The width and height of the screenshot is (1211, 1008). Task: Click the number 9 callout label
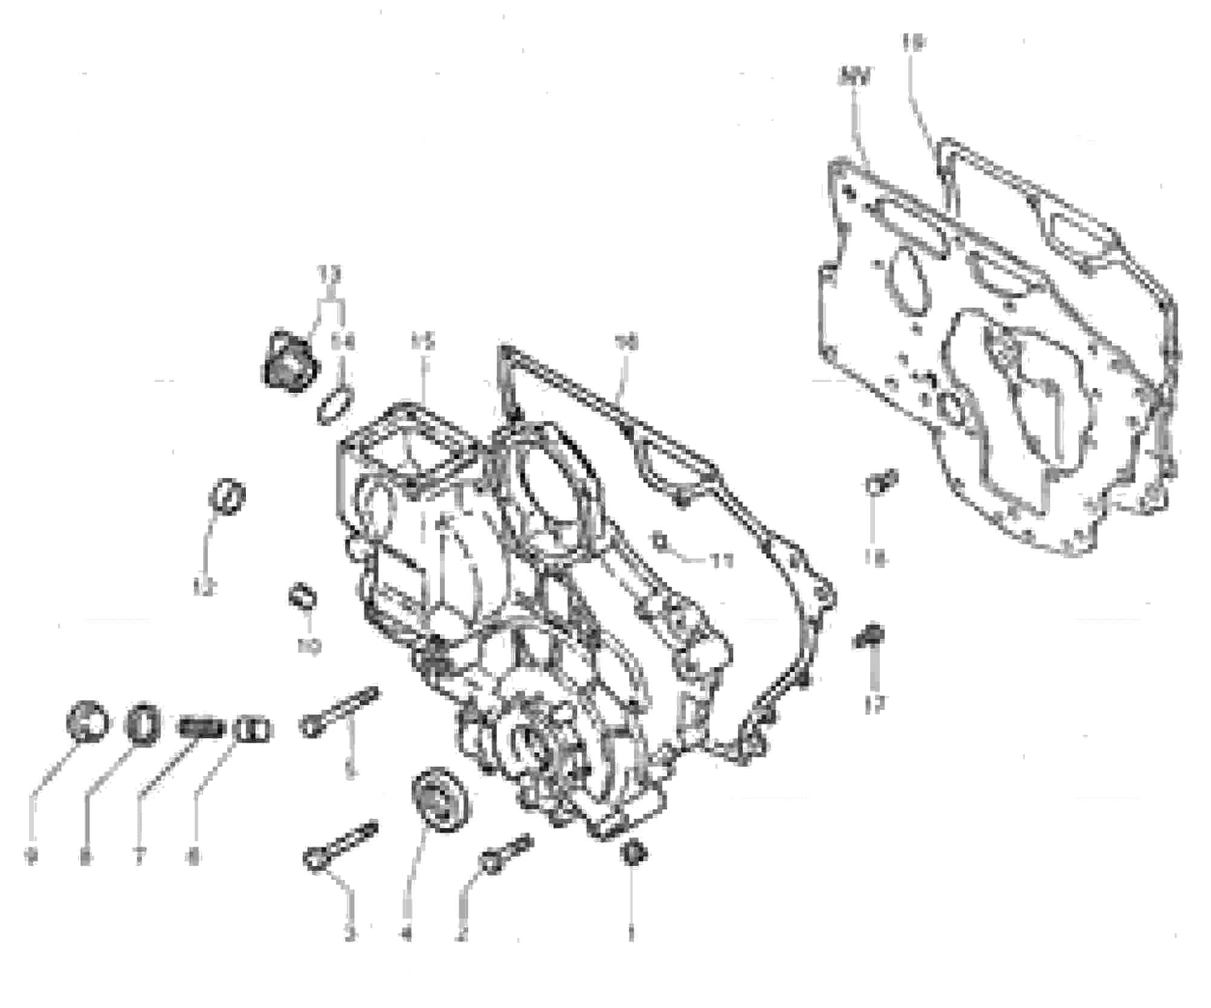click(31, 856)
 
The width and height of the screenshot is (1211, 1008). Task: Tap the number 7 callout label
click(139, 856)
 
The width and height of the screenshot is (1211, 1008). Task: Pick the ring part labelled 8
click(143, 720)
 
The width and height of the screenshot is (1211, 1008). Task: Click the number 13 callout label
click(329, 276)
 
